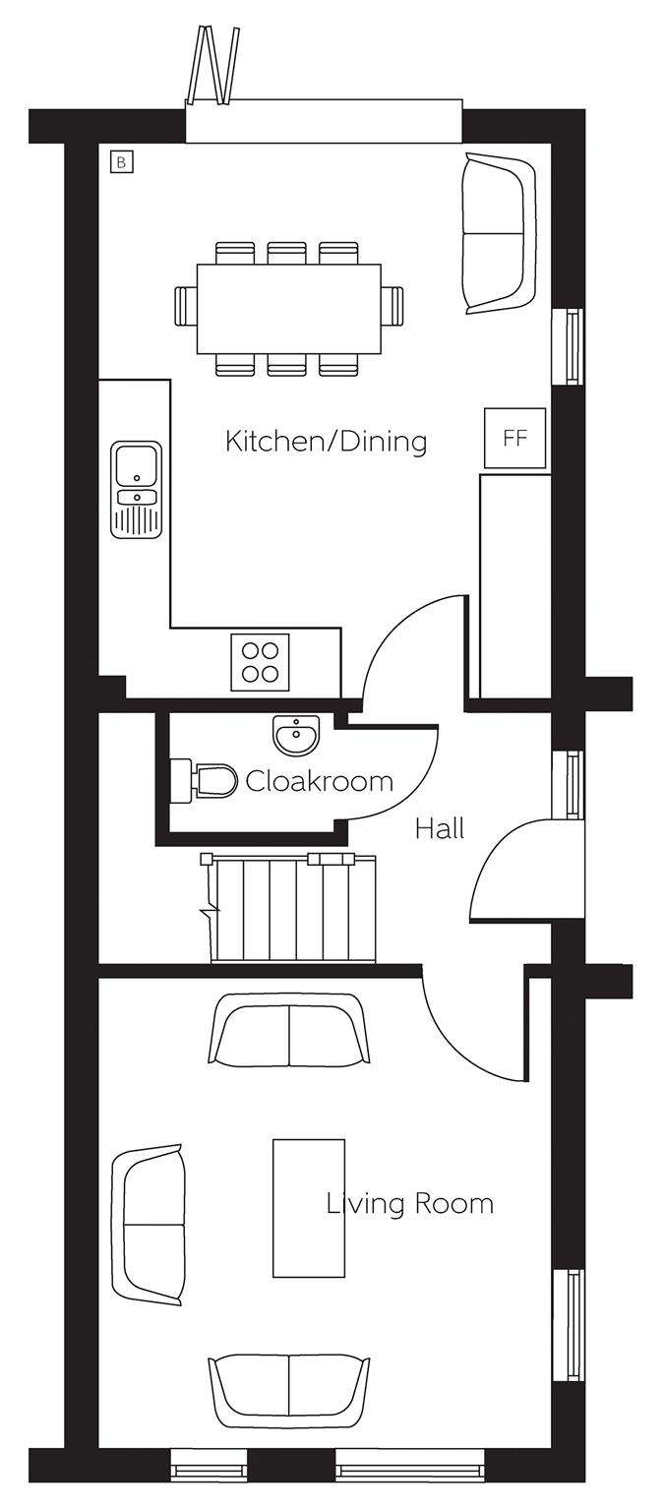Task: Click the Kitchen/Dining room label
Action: [326, 443]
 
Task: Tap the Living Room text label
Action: [410, 1203]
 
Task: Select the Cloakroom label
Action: [319, 781]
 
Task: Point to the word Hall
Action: [440, 828]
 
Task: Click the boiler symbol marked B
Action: [121, 161]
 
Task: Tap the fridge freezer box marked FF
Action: [515, 438]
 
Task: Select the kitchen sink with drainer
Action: [137, 489]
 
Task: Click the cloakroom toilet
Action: [203, 781]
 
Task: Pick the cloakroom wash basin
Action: [294, 735]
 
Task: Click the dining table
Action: [288, 309]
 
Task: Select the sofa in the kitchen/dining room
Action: [499, 233]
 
